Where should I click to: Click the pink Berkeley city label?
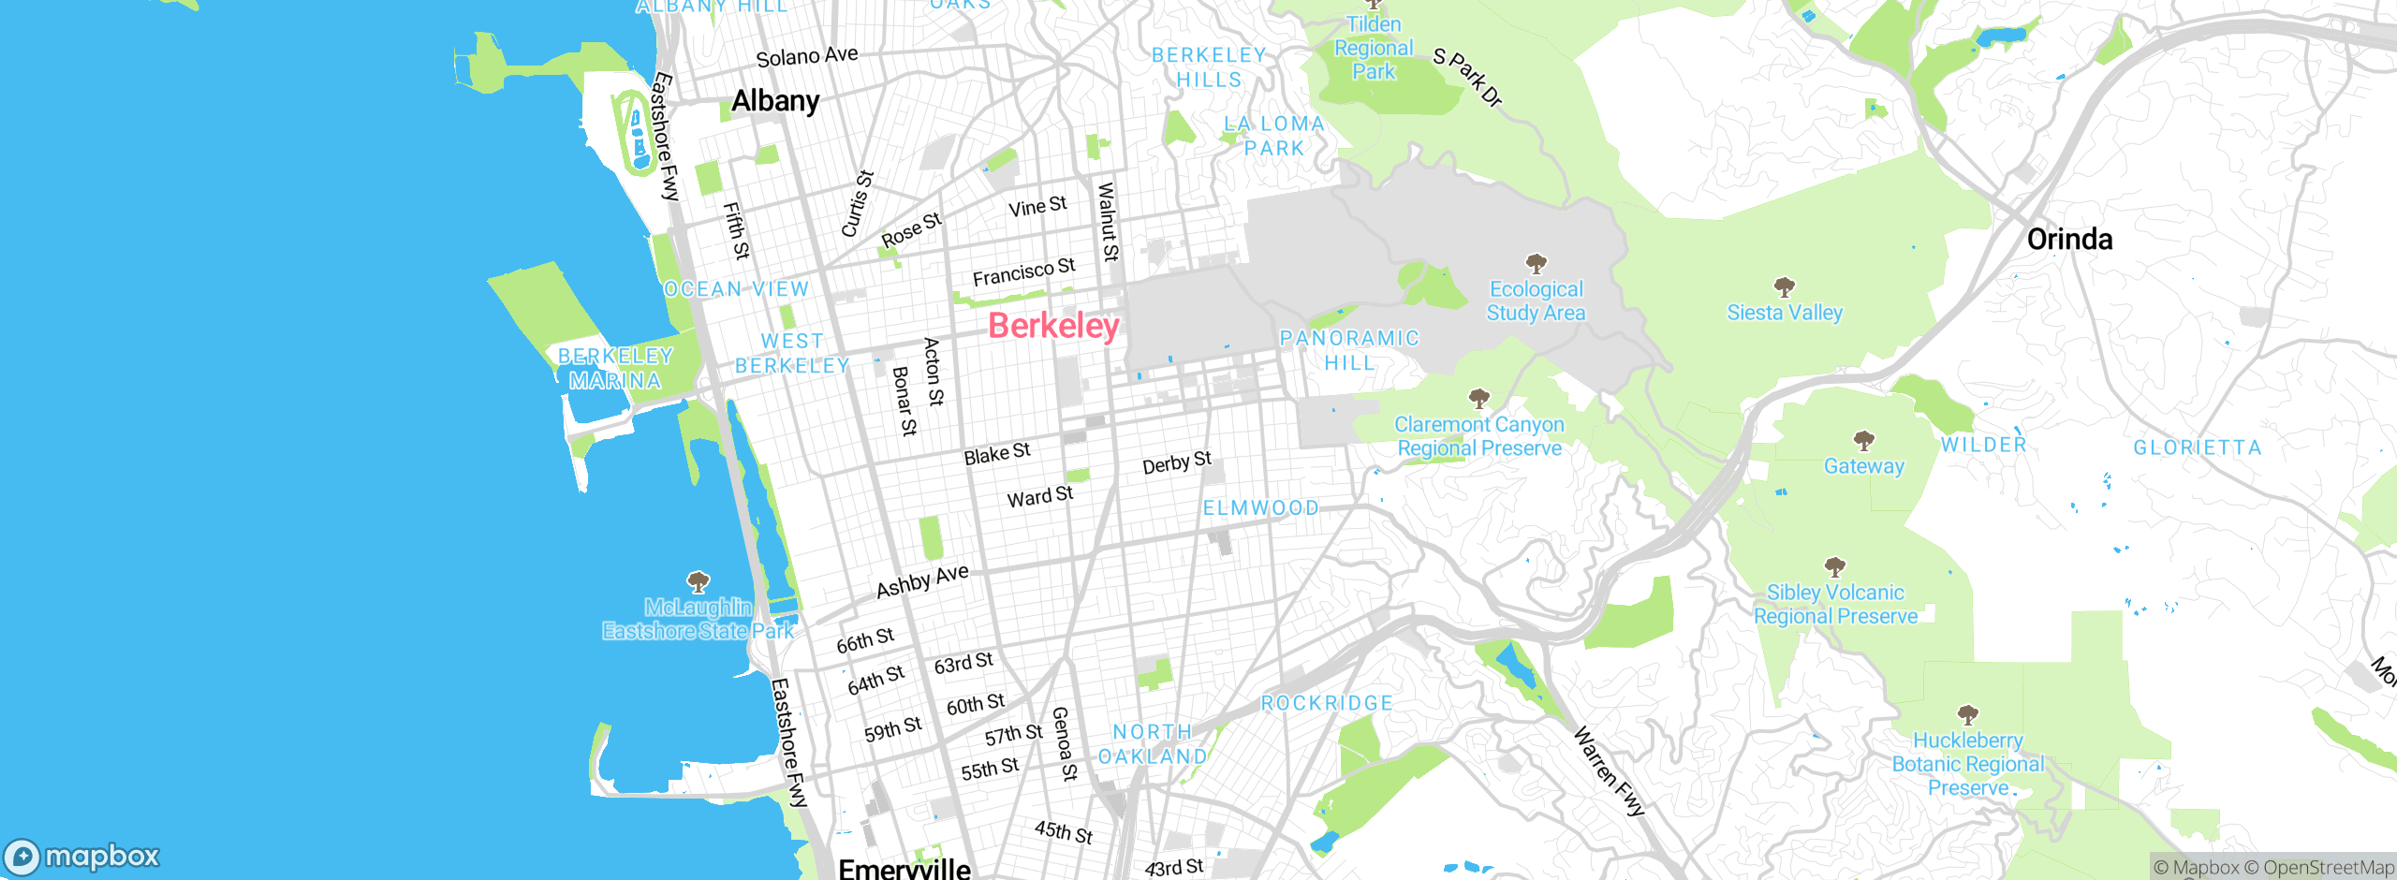(x=1053, y=326)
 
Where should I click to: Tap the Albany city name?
(x=775, y=101)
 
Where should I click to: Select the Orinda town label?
(x=2069, y=240)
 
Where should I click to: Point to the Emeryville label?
(x=904, y=868)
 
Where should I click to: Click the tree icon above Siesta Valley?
(x=1785, y=286)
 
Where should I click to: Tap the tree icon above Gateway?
(x=1864, y=440)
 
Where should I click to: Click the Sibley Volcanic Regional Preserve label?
(x=1835, y=605)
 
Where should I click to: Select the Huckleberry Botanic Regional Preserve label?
(x=1967, y=764)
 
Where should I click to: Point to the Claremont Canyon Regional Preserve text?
(x=1479, y=436)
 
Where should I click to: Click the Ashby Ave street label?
(x=922, y=581)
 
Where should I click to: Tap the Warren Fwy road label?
(x=1609, y=771)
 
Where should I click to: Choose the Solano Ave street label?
(x=807, y=56)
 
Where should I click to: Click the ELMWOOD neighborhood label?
(x=1260, y=508)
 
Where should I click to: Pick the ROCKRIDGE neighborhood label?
(x=1327, y=703)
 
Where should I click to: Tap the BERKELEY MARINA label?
(x=615, y=369)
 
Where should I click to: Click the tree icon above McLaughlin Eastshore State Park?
(x=699, y=582)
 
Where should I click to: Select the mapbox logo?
(x=82, y=856)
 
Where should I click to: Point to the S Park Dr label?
(x=1467, y=77)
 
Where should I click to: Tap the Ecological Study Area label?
(x=1536, y=301)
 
